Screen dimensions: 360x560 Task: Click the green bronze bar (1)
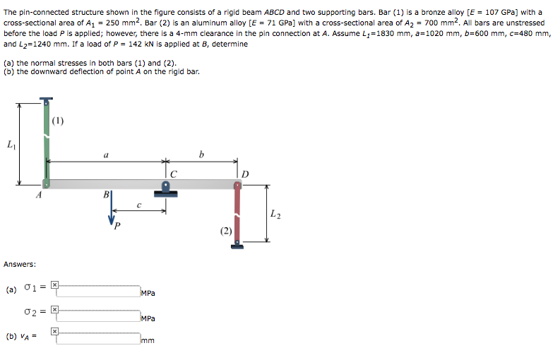[x=47, y=141]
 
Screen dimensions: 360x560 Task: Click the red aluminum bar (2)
[x=238, y=215]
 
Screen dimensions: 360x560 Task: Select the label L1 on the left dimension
[x=9, y=145]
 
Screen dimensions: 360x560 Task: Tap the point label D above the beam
[x=245, y=174]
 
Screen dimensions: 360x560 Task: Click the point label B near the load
[x=106, y=195]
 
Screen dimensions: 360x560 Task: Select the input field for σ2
[x=98, y=315]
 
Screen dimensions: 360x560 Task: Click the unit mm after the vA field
[x=148, y=341]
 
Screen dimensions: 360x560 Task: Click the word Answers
[x=20, y=264]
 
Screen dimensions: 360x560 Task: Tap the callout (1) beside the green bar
[x=58, y=119]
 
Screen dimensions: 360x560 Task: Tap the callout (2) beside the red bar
[x=225, y=231]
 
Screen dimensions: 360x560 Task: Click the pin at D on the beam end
[x=238, y=184]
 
